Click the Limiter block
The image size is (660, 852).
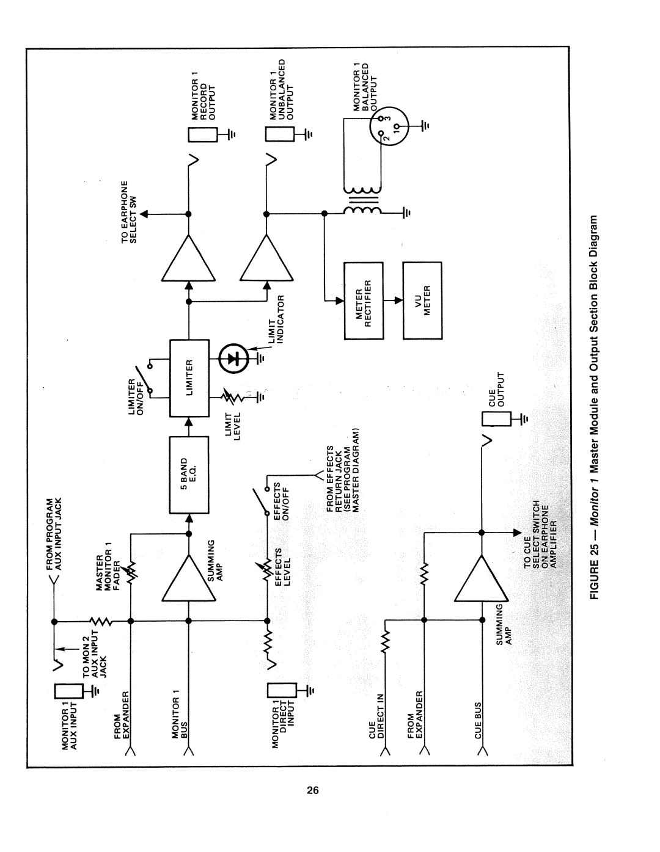pos(189,378)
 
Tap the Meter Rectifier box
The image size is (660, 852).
pos(364,300)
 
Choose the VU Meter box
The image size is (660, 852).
pos(422,300)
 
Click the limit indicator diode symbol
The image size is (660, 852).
pos(232,359)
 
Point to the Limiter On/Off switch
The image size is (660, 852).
pos(145,378)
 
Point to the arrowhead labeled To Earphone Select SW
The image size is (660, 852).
pos(145,214)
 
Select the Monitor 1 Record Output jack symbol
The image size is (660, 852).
pos(202,135)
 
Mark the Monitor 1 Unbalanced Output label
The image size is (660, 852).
pos(281,89)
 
